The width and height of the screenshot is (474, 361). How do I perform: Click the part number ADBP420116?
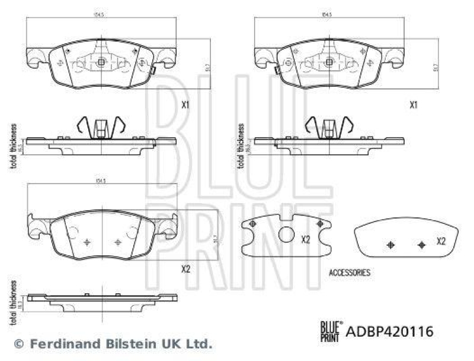click(x=389, y=331)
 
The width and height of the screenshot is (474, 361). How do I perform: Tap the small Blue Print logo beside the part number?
click(x=330, y=330)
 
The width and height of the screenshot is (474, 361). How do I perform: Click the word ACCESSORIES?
click(x=349, y=273)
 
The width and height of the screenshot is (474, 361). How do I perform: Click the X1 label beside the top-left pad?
click(x=185, y=105)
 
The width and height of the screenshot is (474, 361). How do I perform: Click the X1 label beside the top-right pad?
click(x=414, y=105)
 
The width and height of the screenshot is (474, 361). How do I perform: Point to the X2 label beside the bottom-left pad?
click(x=185, y=269)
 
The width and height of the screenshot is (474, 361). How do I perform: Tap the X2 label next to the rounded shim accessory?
click(x=441, y=242)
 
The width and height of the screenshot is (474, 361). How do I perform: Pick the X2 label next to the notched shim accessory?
click(x=306, y=240)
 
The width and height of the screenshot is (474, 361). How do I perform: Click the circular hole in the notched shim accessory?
click(x=286, y=235)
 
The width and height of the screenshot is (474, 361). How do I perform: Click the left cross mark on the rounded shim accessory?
click(x=390, y=245)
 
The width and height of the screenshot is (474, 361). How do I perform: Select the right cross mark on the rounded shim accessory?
click(x=421, y=245)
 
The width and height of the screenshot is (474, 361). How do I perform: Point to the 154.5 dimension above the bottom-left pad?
click(x=101, y=180)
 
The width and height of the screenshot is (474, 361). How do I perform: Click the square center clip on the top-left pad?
click(x=101, y=62)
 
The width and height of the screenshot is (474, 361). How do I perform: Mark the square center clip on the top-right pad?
click(x=327, y=62)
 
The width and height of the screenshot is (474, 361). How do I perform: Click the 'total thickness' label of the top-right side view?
click(x=241, y=145)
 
